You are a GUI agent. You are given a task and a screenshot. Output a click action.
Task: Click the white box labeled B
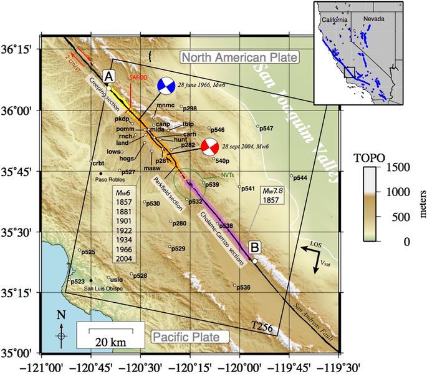pos(254,247)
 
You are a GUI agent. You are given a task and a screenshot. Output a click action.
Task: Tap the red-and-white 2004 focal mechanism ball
pos(209,147)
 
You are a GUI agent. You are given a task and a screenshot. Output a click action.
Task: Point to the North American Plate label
pos(240,58)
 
